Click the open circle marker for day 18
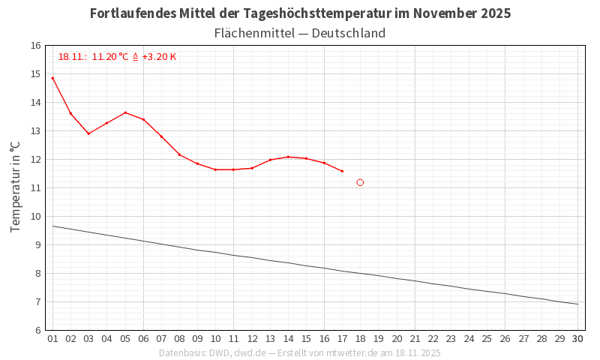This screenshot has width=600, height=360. (360, 182)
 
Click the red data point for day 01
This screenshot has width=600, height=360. (52, 78)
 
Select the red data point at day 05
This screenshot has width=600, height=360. (125, 112)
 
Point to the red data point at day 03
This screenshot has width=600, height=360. (88, 133)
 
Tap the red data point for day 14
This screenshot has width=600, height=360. (288, 157)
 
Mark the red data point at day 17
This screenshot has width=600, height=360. (342, 171)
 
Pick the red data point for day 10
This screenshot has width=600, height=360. (215, 169)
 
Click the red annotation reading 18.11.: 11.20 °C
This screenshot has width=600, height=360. (117, 57)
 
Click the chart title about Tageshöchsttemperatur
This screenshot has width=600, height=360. (300, 13)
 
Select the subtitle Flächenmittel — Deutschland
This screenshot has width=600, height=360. (300, 33)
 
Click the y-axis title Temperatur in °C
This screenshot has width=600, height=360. (15, 187)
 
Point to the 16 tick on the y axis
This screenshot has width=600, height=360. (36, 46)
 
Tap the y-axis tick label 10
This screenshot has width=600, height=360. (36, 217)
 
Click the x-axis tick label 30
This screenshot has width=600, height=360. (577, 339)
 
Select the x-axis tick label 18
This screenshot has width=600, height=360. (360, 339)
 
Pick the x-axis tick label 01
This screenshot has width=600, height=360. (52, 339)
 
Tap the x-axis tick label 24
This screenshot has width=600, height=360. (469, 339)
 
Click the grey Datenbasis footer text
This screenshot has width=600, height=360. (300, 353)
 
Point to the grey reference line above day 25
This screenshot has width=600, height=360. (487, 291)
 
